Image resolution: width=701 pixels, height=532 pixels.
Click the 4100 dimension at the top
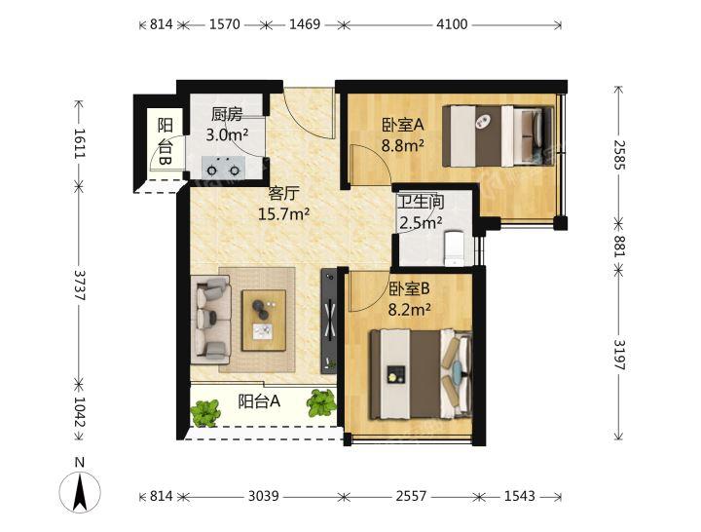(x=452, y=24)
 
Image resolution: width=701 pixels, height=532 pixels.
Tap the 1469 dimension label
(x=305, y=24)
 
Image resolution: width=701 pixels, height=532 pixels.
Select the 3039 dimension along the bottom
(x=263, y=496)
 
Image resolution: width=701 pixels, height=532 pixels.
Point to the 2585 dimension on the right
(x=619, y=155)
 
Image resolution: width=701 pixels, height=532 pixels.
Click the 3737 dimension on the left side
(x=80, y=285)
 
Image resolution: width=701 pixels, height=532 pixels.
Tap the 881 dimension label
(x=619, y=246)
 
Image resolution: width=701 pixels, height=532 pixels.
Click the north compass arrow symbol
(x=80, y=492)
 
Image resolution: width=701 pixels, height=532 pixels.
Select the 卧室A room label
(x=402, y=126)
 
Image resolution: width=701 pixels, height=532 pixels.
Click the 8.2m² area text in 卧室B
(x=410, y=309)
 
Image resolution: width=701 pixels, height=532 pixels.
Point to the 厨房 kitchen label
(x=227, y=115)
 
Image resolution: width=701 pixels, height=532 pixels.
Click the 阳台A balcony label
(x=259, y=401)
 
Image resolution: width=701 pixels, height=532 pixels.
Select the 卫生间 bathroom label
(x=421, y=203)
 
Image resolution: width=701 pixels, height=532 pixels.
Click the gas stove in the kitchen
(x=223, y=167)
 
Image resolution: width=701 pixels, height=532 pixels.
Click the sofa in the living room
(x=211, y=320)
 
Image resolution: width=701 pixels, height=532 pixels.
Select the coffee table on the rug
(x=264, y=321)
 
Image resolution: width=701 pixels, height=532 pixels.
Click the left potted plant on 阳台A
(x=205, y=413)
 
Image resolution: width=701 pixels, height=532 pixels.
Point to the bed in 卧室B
(x=421, y=374)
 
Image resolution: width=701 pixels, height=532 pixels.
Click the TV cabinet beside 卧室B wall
(x=329, y=322)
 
